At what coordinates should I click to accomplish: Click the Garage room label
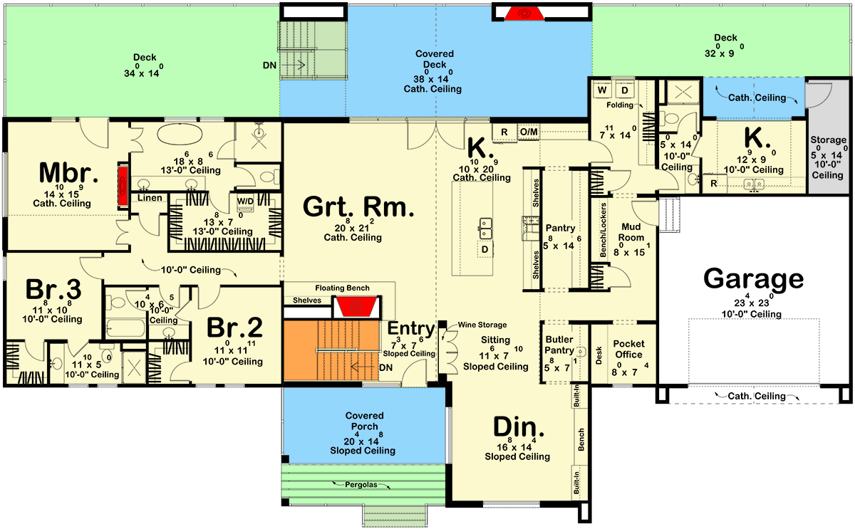click(753, 278)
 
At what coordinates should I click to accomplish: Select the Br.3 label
click(53, 290)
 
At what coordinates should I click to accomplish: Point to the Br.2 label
click(234, 328)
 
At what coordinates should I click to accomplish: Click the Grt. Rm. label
click(358, 206)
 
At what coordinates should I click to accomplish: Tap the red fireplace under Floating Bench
click(356, 307)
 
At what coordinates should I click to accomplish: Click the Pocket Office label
click(628, 349)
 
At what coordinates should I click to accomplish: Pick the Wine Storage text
click(482, 324)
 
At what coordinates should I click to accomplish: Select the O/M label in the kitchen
click(528, 132)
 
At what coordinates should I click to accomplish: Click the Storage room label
click(827, 140)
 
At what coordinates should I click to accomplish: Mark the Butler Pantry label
click(559, 345)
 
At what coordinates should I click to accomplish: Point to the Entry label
click(411, 329)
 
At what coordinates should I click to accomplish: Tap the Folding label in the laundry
click(620, 105)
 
